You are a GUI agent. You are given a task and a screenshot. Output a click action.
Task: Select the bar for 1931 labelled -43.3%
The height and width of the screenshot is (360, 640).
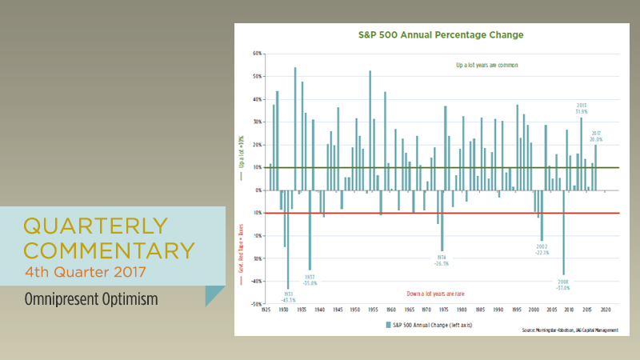coord(288,239)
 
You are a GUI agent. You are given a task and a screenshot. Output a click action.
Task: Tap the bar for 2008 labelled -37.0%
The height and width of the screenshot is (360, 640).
coord(563,232)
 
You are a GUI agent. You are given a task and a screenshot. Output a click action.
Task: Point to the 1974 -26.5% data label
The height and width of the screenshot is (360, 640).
coord(441,260)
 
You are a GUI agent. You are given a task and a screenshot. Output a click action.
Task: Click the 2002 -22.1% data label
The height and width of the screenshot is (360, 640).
coord(542,249)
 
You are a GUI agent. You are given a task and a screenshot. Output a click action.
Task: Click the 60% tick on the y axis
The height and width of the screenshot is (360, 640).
coord(258,54)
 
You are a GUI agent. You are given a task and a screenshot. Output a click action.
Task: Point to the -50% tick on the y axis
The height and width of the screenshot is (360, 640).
coord(257,304)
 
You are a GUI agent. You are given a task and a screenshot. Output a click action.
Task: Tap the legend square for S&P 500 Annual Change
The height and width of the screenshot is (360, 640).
coord(388,324)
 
